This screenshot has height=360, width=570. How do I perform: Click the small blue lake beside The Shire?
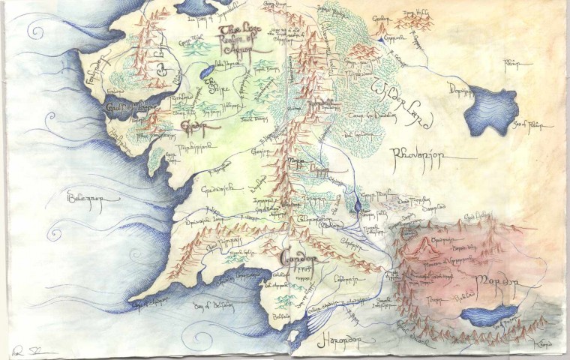point(204,71)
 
